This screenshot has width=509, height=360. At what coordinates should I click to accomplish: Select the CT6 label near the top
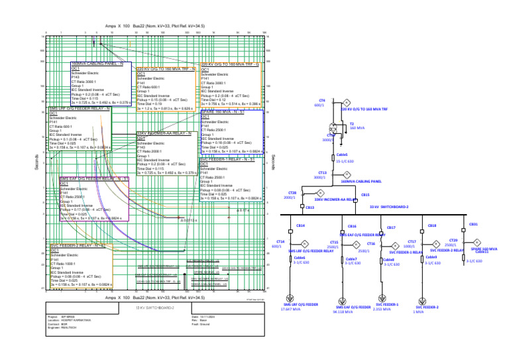[x=319, y=101]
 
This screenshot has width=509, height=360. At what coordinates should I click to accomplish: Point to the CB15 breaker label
[x=365, y=195]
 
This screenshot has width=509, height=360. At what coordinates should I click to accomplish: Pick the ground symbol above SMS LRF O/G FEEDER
[x=289, y=298]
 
